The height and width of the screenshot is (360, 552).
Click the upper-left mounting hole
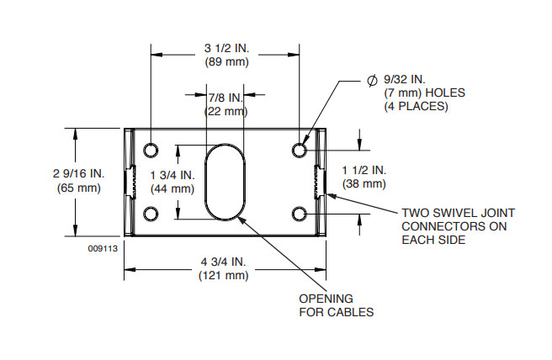[151, 150]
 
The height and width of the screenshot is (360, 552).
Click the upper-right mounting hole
[300, 150]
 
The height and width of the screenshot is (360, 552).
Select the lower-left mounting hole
[151, 214]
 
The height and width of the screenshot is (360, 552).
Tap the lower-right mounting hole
[300, 214]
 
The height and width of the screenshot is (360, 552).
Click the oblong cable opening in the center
[225, 182]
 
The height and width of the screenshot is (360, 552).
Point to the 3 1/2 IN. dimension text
[225, 47]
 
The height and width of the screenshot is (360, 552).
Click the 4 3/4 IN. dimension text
[224, 262]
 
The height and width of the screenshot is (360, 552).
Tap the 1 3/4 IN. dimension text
[172, 174]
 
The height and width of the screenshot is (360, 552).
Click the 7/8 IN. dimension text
[225, 98]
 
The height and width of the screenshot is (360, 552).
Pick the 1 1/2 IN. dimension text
[364, 169]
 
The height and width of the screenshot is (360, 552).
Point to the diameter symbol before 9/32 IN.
[371, 80]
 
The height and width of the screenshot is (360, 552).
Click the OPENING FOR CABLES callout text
[337, 305]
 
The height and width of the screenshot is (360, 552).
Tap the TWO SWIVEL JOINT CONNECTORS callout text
[458, 226]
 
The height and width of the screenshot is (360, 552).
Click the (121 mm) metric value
[224, 275]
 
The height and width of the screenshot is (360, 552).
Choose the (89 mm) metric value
[225, 61]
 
